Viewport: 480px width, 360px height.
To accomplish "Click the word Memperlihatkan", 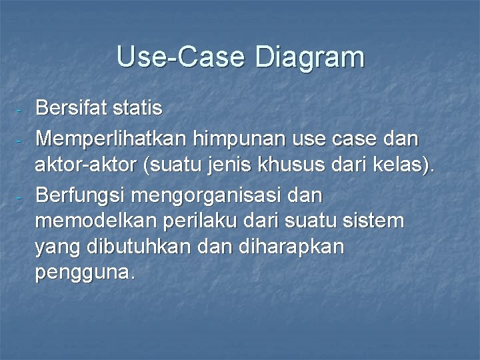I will pos(111,139).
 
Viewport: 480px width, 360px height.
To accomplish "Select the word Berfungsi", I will pos(82,196).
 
